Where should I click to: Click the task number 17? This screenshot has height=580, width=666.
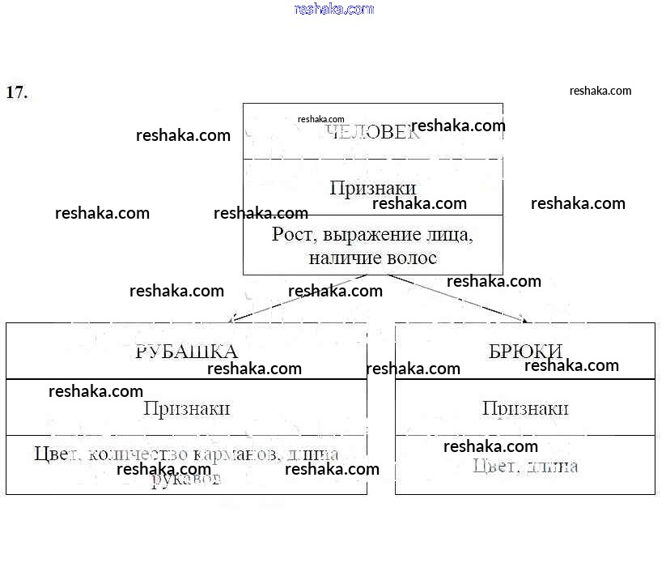16,92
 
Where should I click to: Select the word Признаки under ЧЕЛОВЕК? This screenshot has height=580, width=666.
372,188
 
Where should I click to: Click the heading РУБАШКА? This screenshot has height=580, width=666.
186,352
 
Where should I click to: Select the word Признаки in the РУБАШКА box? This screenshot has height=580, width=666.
186,408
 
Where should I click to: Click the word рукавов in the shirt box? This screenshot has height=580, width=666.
186,480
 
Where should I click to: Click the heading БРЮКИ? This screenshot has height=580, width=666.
525,352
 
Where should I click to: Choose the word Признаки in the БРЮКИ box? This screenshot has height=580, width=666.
525,408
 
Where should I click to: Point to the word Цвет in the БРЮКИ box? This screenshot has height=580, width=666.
494,466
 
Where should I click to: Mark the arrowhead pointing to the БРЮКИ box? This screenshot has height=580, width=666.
526,321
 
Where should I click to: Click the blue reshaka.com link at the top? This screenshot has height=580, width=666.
334,10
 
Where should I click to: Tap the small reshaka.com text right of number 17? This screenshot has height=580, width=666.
600,91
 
